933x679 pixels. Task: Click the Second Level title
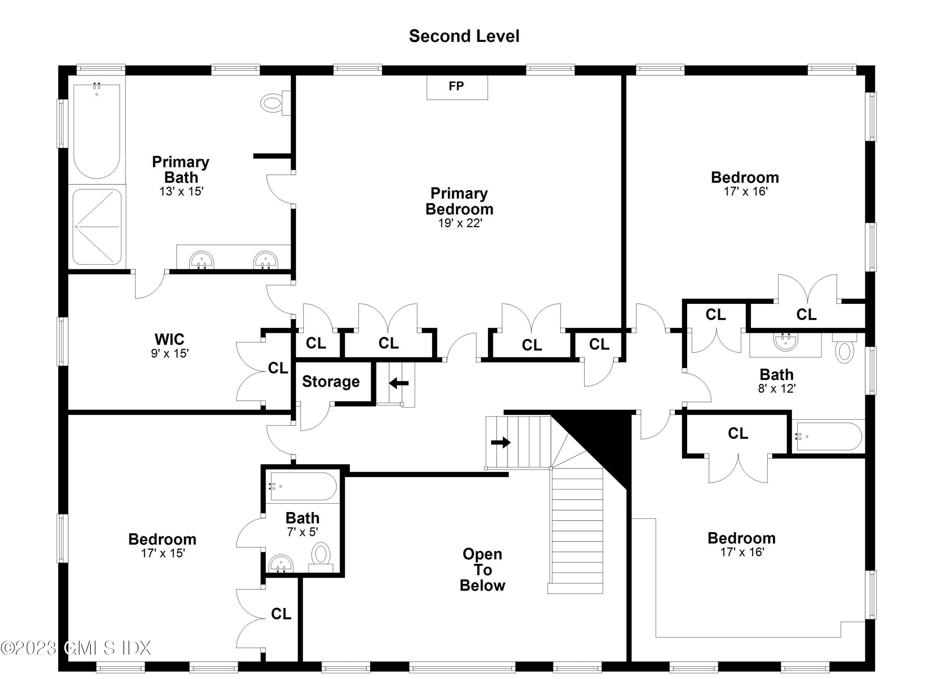[464, 36]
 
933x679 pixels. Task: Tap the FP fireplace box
[457, 87]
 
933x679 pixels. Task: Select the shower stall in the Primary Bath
[97, 227]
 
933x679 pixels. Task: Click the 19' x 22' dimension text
[460, 223]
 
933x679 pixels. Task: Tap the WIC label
[169, 339]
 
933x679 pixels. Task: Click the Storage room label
[331, 382]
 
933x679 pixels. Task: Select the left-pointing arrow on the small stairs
[398, 383]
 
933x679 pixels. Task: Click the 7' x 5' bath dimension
[302, 532]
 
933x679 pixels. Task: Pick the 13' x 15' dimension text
[181, 191]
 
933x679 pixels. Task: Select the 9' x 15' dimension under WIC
[169, 353]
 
